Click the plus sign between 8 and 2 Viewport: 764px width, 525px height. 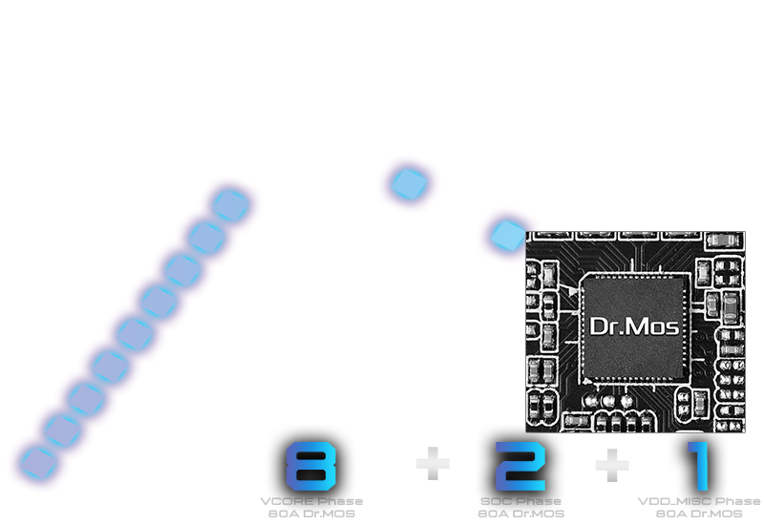(x=433, y=465)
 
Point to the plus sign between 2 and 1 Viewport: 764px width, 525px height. (x=612, y=466)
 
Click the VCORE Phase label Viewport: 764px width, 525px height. (x=311, y=501)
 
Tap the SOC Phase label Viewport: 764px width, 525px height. (x=520, y=501)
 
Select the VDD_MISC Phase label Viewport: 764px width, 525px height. (x=699, y=501)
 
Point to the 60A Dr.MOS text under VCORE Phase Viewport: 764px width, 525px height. (x=311, y=514)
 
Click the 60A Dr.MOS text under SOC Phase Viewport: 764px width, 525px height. (x=520, y=514)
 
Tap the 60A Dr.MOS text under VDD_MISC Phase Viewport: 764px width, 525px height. (x=699, y=514)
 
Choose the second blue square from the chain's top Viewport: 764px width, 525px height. (x=205, y=238)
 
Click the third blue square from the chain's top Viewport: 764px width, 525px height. (x=181, y=270)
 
